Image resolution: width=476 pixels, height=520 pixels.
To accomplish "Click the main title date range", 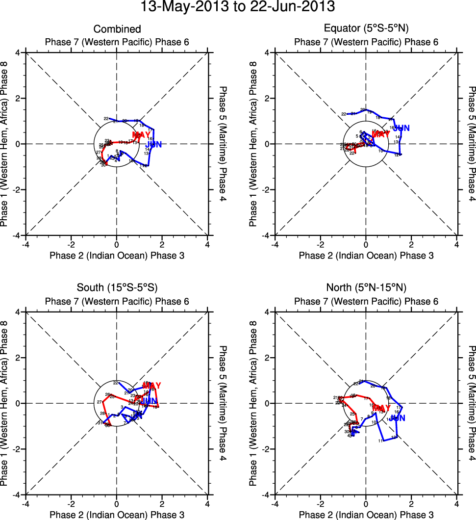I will tap(238, 7).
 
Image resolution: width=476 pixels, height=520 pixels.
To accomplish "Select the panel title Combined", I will tap(117, 29).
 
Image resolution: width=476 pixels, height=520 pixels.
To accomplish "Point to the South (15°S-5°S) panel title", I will tap(117, 287).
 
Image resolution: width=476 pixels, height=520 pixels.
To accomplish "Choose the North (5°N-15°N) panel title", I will tap(366, 287).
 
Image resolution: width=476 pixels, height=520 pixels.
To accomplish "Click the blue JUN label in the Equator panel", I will tap(401, 129).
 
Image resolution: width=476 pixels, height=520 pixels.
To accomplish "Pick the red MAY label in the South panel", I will tap(151, 386).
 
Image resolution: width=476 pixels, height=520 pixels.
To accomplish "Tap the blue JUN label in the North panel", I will tap(398, 418).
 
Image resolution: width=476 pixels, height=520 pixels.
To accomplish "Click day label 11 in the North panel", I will tap(380, 442).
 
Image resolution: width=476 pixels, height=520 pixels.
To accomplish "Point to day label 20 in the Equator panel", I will tap(363, 110).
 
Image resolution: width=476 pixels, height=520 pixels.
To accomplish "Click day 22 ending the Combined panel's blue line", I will tap(106, 119).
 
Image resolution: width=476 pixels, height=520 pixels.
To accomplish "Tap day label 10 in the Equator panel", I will tap(380, 151).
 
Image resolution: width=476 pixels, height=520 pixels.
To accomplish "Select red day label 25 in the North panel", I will tap(352, 414).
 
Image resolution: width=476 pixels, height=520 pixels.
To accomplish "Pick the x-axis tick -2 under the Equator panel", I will tap(320, 244).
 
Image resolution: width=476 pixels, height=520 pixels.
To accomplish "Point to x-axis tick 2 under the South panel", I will tap(162, 503).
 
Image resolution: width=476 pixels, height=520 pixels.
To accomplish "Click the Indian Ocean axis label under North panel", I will tap(366, 515).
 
